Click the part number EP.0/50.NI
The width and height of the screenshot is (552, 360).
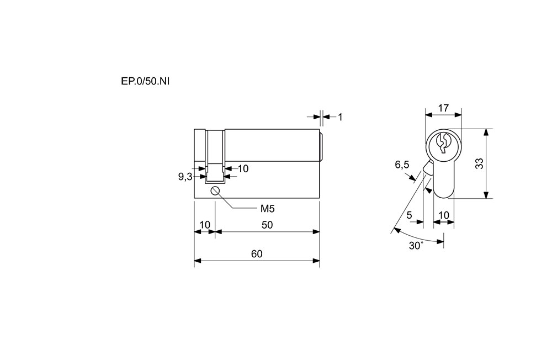point(145,81)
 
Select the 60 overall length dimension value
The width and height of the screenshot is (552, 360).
point(256,254)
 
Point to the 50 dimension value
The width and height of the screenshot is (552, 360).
point(267,225)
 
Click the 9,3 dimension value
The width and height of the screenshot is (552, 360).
point(185,177)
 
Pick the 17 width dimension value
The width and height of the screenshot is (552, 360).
point(443,108)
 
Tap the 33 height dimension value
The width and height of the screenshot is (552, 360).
point(479,163)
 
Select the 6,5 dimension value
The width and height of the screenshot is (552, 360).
point(402,165)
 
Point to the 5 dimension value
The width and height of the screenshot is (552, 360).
point(410,215)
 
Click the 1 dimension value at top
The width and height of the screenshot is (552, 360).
point(341,117)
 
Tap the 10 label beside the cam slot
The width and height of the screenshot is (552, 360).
point(243,168)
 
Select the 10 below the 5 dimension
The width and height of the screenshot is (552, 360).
point(443,215)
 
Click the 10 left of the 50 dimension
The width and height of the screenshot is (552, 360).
point(204,225)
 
